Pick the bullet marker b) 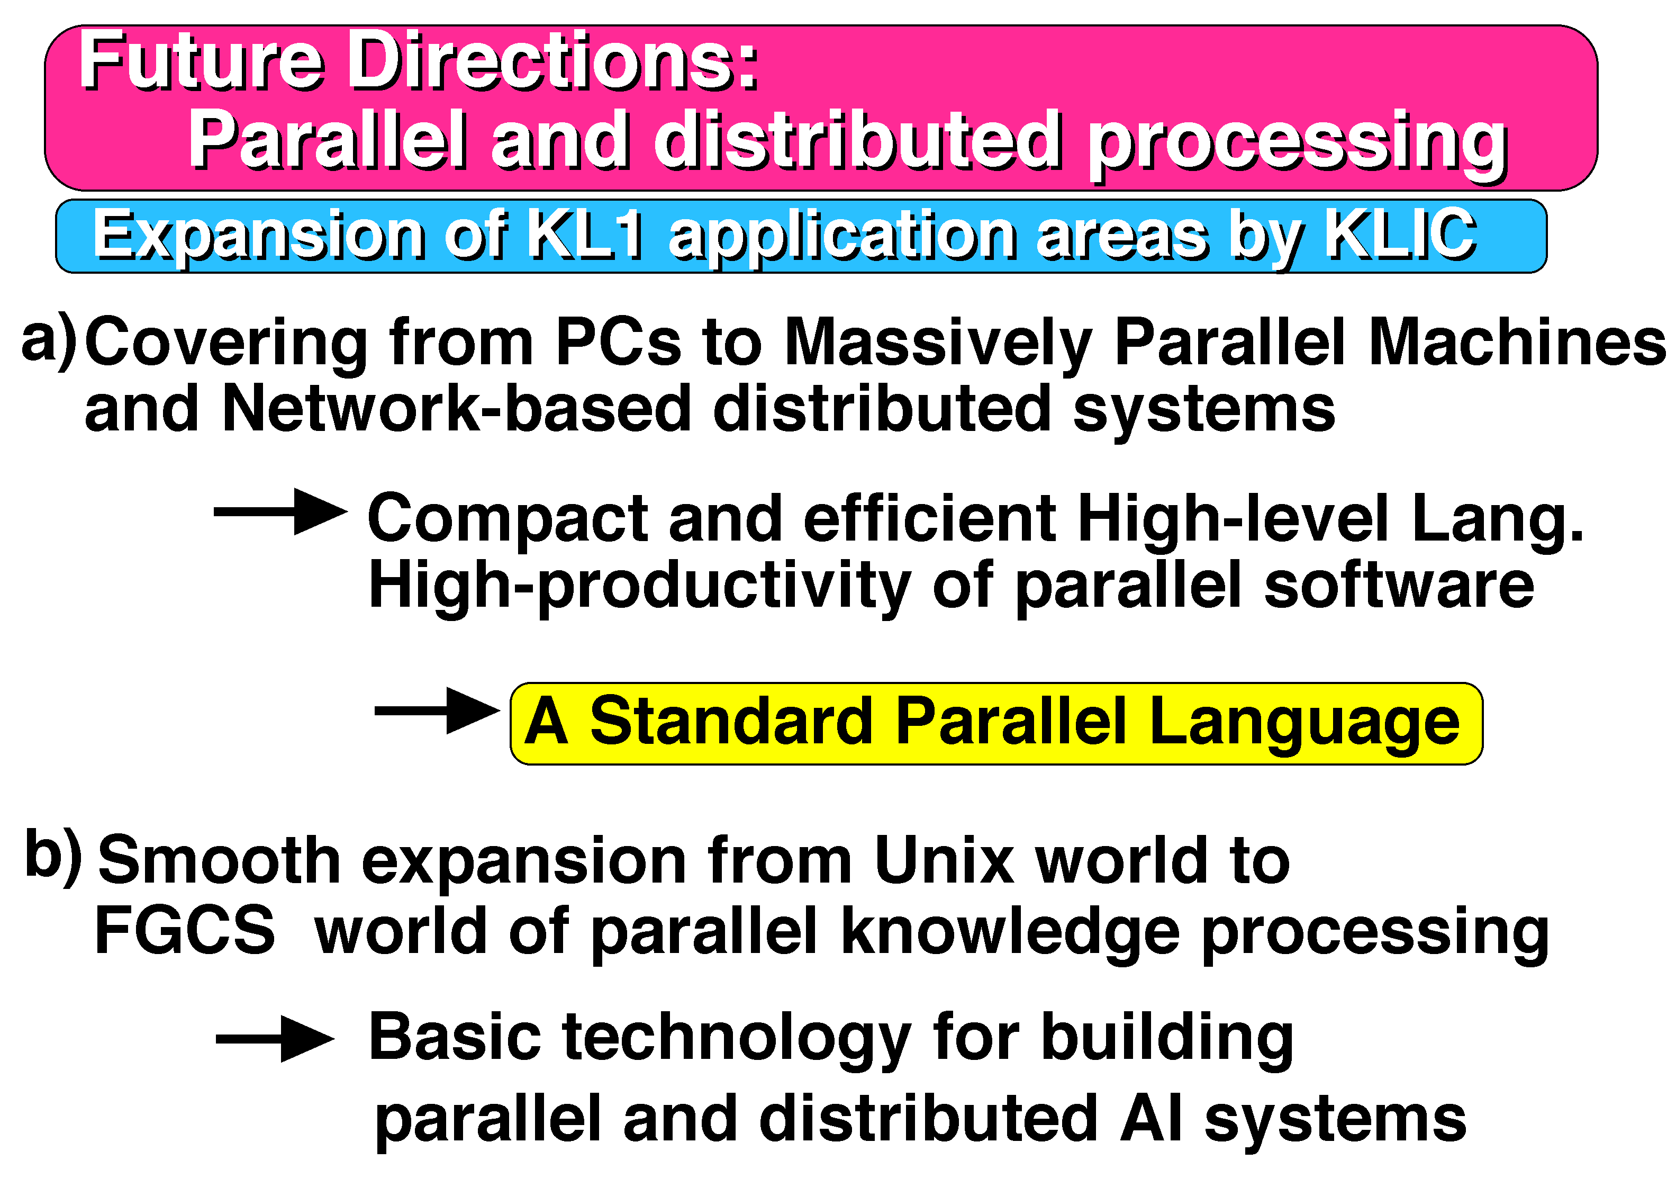coord(53,856)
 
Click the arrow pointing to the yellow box coord(438,711)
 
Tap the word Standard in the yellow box coord(731,721)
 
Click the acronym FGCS coord(185,930)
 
